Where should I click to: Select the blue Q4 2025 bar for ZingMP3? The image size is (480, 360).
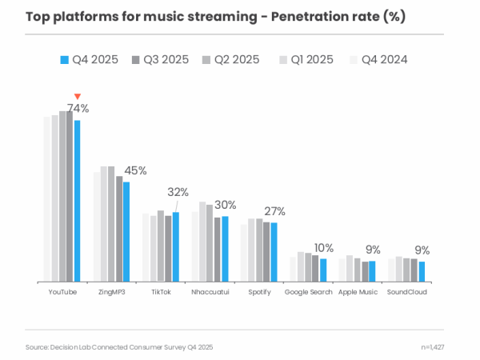click(x=126, y=232)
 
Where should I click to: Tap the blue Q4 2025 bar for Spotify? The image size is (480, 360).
click(x=274, y=252)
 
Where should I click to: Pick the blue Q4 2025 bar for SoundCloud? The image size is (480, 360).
click(x=422, y=272)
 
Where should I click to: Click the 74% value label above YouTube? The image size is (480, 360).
click(x=78, y=108)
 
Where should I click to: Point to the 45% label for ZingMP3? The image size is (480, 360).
click(x=136, y=170)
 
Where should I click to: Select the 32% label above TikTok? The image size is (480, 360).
click(x=178, y=192)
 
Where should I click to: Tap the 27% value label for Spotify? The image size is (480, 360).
click(x=275, y=211)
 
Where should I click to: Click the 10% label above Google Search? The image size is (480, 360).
click(x=324, y=248)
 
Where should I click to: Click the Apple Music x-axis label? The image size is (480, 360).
click(x=358, y=293)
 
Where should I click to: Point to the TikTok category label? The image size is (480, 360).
click(x=161, y=293)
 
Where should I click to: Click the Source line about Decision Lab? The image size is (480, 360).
click(x=119, y=347)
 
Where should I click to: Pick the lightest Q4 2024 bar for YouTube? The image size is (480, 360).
click(x=47, y=200)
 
